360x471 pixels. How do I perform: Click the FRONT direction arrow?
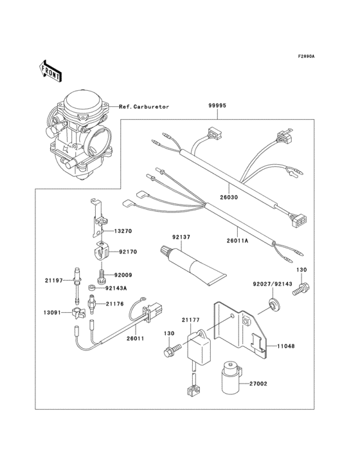(50, 71)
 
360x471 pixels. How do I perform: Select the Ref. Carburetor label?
(145, 106)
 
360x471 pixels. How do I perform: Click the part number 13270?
(124, 230)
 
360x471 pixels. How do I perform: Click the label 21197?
(53, 281)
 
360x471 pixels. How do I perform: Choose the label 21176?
(115, 303)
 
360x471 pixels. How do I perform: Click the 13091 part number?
(53, 312)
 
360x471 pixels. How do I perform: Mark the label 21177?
(190, 319)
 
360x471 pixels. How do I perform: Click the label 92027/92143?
(273, 283)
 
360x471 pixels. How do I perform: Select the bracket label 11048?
(286, 346)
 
